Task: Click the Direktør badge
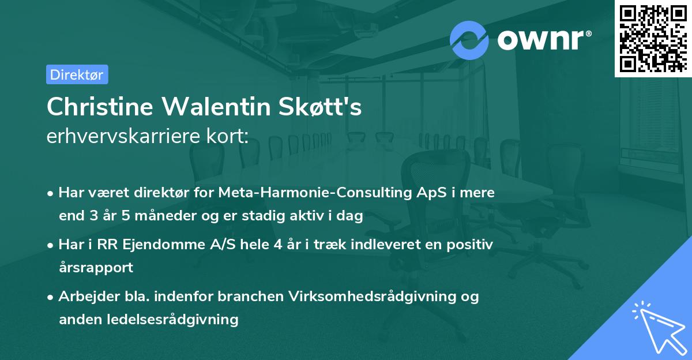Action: coord(77,74)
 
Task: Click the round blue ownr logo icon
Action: coord(469,40)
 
